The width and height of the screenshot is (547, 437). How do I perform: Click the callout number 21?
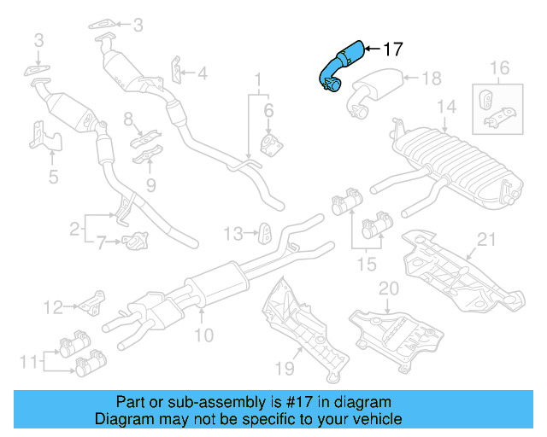[x=486, y=241]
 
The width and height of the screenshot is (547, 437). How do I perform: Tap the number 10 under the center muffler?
[x=204, y=335]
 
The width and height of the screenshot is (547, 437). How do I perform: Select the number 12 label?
[x=53, y=306]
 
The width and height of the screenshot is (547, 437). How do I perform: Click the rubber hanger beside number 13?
[x=265, y=232]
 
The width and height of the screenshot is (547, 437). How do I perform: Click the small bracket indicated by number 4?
[x=177, y=72]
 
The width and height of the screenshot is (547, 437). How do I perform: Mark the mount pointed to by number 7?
[x=133, y=242]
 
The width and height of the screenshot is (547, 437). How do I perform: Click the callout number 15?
[x=365, y=265]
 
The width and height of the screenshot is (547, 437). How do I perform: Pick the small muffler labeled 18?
[x=377, y=89]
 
